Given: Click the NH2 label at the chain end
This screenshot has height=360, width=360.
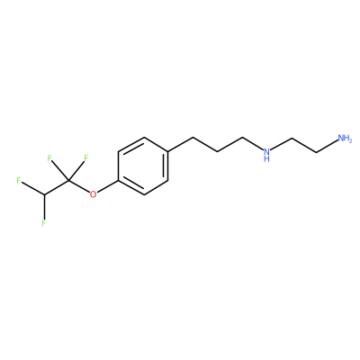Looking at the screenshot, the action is pyautogui.click(x=345, y=139).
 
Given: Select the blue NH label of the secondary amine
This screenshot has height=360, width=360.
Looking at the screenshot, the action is pyautogui.click(x=266, y=155).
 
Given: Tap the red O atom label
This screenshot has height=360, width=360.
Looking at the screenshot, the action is pyautogui.click(x=94, y=194).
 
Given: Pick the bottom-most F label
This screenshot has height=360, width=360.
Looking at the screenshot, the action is pyautogui.click(x=44, y=223).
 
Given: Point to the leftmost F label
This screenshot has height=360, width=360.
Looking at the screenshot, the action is pyautogui.click(x=19, y=181).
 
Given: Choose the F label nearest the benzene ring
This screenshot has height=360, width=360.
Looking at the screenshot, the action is pyautogui.click(x=86, y=157).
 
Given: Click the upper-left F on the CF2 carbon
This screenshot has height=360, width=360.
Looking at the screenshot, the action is pyautogui.click(x=49, y=157).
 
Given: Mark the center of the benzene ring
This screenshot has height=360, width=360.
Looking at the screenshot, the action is pyautogui.click(x=143, y=166).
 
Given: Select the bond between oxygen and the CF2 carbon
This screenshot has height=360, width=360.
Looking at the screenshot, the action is pyautogui.click(x=79, y=186).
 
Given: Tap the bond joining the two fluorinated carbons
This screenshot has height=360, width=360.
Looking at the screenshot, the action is pyautogui.click(x=57, y=188).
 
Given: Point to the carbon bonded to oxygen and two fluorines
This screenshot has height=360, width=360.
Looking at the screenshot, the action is pyautogui.click(x=68, y=181).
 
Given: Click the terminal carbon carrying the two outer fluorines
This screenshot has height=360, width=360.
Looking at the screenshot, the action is pyautogui.click(x=44, y=195).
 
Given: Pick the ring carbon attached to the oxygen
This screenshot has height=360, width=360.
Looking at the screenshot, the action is pyautogui.click(x=118, y=181).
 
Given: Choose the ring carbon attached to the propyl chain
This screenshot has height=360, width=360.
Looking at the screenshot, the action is pyautogui.click(x=168, y=152).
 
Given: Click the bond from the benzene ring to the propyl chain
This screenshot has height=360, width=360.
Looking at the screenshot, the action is pyautogui.click(x=180, y=145).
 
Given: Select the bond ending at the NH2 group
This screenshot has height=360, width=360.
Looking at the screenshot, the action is pyautogui.click(x=328, y=147).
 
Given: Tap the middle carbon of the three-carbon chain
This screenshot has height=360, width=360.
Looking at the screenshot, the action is pyautogui.click(x=218, y=152).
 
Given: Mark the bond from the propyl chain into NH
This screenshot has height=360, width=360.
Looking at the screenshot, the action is pyautogui.click(x=252, y=144).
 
